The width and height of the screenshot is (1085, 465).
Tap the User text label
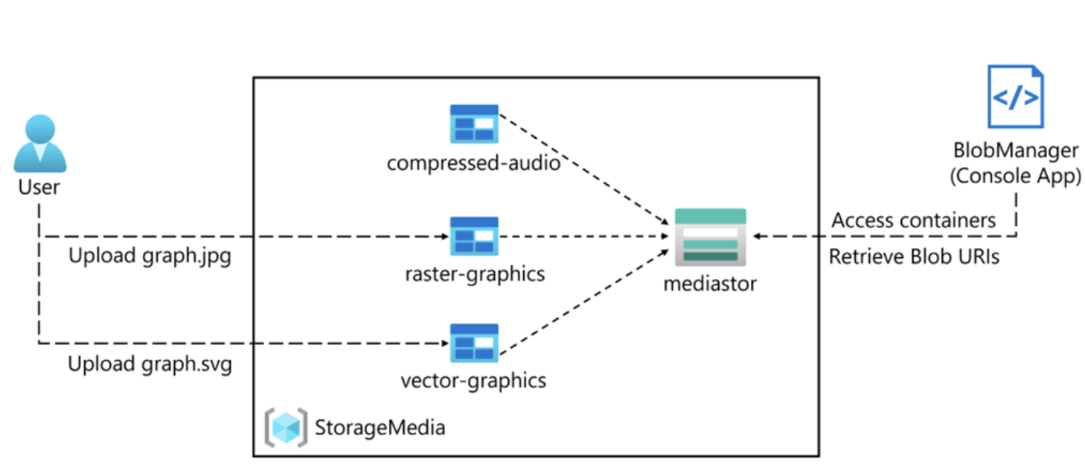pos(39,187)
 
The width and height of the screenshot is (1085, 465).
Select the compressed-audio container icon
pos(474,123)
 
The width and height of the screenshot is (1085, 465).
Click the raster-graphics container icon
pos(474,235)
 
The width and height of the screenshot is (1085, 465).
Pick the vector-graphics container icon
pos(474,343)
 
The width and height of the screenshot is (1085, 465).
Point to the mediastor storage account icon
pos(710,237)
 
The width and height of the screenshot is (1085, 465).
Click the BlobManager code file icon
pos(1015,97)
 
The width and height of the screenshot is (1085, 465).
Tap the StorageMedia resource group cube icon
pos(286,428)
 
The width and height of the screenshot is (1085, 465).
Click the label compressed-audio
pos(473,162)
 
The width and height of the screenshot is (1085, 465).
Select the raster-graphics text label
pos(475,274)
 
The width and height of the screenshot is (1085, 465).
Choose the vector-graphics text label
pos(473,381)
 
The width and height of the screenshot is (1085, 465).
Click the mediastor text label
pos(710,283)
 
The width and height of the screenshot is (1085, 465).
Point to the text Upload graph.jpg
pos(150,256)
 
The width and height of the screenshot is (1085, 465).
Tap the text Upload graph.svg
pos(150,365)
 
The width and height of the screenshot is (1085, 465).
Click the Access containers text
pos(913,221)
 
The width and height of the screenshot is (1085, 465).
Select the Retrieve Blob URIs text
pos(914,257)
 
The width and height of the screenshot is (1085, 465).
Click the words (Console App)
pos(1016,177)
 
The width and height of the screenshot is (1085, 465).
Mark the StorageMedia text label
pos(380,428)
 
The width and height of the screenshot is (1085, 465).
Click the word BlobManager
pos(1016,151)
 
